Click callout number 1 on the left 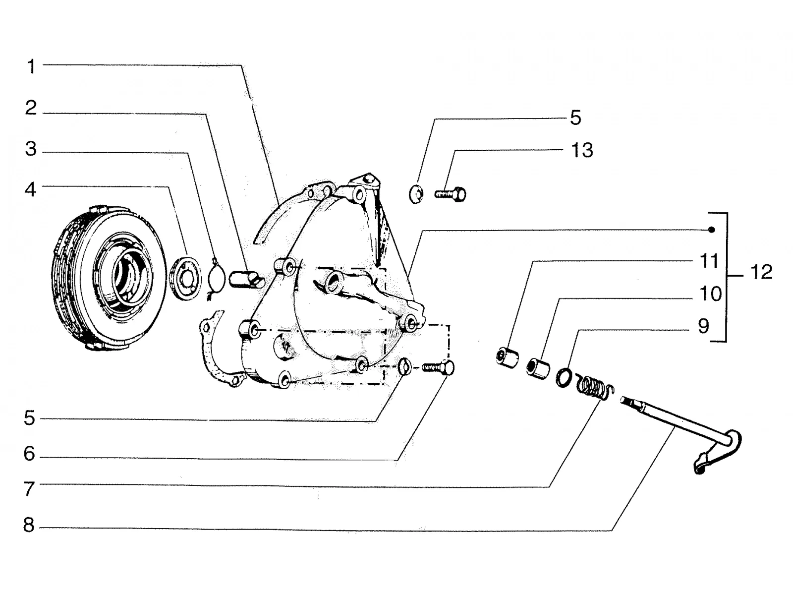[x=32, y=66]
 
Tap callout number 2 [x=31, y=108]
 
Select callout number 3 [x=31, y=149]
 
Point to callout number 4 [x=30, y=189]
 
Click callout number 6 [x=29, y=454]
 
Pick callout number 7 [x=29, y=488]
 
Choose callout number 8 [x=29, y=525]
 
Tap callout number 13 [x=582, y=150]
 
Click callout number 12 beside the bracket [x=762, y=272]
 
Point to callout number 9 [x=703, y=326]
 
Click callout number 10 [x=711, y=294]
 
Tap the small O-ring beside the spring [x=564, y=377]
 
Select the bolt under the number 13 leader [x=451, y=194]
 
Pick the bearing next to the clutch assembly [x=185, y=278]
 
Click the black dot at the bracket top [x=711, y=230]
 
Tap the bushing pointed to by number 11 [x=507, y=357]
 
